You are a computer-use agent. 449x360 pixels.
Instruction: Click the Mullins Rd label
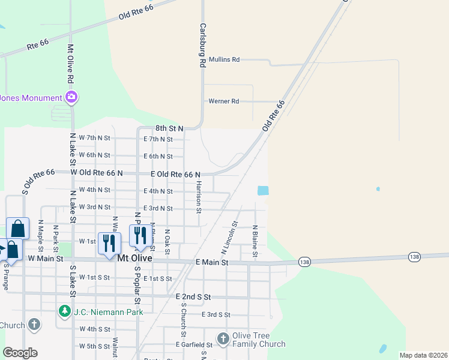223,59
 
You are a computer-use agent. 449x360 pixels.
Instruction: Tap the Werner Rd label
223,101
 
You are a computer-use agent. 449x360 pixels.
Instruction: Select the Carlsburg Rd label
203,45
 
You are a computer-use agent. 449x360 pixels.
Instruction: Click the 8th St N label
169,128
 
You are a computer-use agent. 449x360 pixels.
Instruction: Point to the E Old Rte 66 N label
175,174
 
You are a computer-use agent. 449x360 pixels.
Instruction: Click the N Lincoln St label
233,236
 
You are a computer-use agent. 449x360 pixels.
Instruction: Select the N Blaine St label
255,241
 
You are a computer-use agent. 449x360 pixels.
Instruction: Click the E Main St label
212,262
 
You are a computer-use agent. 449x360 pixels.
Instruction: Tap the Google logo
20,353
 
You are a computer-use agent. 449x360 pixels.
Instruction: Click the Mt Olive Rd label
70,63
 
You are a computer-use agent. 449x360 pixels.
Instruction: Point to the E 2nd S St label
193,296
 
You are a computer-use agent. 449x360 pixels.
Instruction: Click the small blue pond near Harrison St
262,190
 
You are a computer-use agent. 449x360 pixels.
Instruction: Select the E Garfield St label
194,345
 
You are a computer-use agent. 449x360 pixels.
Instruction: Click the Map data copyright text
423,355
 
